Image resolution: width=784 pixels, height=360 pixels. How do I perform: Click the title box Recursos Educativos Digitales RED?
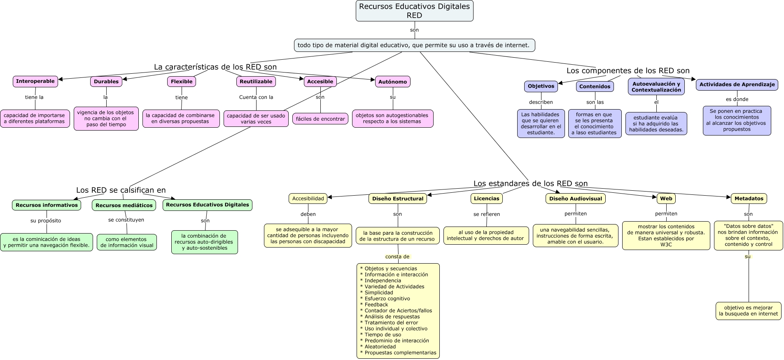coord(414,11)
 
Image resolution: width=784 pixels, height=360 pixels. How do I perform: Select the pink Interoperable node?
coord(35,82)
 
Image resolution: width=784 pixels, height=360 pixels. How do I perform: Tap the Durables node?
coord(106,82)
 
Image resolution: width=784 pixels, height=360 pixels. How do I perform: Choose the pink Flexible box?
coord(182,82)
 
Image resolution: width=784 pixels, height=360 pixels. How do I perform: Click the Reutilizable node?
coord(256,82)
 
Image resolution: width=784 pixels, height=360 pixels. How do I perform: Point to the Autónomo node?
coord(392,82)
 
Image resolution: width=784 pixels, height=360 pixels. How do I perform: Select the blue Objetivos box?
coord(541,86)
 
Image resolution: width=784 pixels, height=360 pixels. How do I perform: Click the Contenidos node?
coord(595,86)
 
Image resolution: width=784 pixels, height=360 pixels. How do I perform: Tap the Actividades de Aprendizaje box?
coord(737,84)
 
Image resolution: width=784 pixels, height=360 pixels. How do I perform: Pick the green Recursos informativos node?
coord(47,205)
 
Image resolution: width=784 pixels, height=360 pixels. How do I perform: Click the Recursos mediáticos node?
coord(124,205)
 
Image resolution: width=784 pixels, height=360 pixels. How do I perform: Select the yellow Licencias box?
coord(486,199)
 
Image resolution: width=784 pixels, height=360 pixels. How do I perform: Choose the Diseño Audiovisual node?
coord(575,199)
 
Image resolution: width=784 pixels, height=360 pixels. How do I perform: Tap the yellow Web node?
coord(666,199)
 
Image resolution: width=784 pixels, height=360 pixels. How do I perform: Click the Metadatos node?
coord(749,199)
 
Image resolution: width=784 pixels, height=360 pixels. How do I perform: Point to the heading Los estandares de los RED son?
coord(530,184)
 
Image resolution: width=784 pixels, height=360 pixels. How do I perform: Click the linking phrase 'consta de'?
coord(397,257)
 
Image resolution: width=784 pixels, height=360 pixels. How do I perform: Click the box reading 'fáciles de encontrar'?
coord(320,119)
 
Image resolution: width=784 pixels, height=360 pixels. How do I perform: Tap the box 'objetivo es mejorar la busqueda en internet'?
coord(748,311)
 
